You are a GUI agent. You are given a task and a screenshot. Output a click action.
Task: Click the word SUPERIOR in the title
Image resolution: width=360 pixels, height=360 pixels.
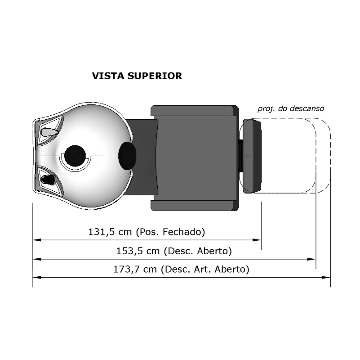pos(155,76)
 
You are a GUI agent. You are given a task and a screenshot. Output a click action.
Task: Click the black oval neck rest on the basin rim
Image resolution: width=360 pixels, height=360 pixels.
pos(127,155)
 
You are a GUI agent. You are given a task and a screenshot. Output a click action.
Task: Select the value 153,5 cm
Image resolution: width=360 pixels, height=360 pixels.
pos(136,251)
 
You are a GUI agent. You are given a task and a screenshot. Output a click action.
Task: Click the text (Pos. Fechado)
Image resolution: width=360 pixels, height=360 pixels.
pos(170,232)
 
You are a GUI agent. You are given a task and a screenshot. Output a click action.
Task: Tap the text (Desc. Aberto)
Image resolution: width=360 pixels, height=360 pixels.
pos(198,251)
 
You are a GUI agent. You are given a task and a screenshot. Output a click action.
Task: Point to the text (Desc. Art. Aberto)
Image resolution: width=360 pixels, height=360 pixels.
pos(207,270)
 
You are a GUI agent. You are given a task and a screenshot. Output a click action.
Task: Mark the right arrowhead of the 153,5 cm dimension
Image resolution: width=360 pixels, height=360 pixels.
pos(312,259)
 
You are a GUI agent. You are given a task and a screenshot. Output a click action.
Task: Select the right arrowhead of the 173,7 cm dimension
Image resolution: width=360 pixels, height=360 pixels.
pos(327,278)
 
